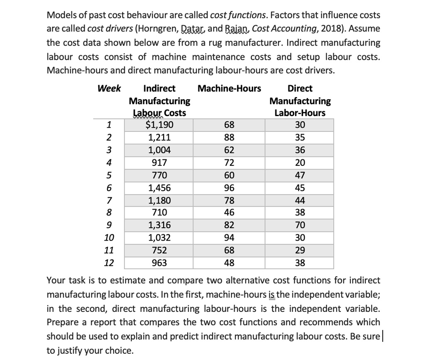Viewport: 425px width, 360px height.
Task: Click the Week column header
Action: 109,88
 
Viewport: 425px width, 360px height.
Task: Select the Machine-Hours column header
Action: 230,88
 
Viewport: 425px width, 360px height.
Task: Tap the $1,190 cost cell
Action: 160,125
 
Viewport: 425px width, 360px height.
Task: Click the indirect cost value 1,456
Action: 160,187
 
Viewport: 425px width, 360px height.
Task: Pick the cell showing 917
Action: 160,163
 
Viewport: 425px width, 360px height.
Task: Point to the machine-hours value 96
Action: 229,187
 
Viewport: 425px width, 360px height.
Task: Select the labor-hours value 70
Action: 300,226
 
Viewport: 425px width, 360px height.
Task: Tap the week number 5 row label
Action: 109,175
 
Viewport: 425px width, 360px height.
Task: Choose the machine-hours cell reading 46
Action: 229,213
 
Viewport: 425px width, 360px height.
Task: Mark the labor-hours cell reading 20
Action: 300,163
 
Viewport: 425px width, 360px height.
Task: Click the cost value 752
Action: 160,251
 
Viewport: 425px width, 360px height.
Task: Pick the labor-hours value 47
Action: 300,175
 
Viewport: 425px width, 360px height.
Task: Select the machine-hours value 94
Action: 229,238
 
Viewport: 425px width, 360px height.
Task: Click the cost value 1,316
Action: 160,226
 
